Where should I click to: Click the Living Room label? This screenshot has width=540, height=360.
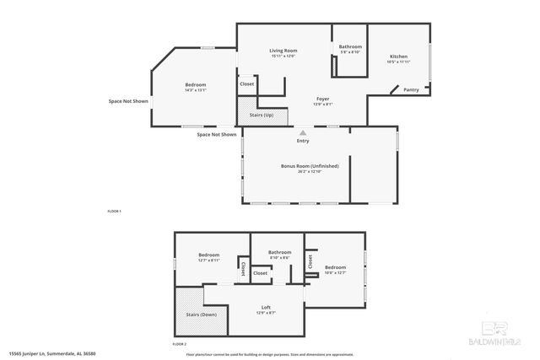pos(283,51)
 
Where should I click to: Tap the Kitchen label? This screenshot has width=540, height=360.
pos(399,56)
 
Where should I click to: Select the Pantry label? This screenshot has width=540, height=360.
pos(411,90)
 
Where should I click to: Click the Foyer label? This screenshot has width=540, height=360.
pos(323,99)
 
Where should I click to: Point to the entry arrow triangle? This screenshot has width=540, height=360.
pos(303,132)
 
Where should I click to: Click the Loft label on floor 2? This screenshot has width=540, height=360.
pos(266,307)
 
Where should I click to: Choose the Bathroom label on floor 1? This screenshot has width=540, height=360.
pos(350,46)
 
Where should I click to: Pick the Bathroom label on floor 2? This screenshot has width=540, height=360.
pos(279,252)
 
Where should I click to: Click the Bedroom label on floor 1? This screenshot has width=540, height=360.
pos(196,84)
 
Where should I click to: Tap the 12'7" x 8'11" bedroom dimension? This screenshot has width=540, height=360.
pos(209,261)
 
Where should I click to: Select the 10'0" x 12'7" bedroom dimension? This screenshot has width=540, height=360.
pos(336,272)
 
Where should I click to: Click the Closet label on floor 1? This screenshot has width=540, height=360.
pos(247,84)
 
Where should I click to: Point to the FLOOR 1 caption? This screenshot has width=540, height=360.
pos(114,210)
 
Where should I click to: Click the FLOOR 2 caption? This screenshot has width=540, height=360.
pos(179,344)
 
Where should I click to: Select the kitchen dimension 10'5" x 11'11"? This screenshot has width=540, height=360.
pos(398,62)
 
